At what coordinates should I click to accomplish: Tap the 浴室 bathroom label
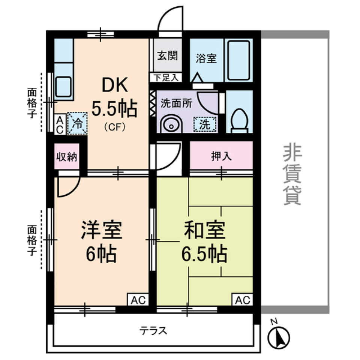pyautogui.click(x=206, y=59)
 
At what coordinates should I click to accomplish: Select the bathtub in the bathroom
pyautogui.click(x=238, y=60)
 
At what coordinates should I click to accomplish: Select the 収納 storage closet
pyautogui.click(x=67, y=156)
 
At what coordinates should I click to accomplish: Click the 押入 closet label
pyautogui.click(x=221, y=156)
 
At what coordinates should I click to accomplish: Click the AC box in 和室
pyautogui.click(x=243, y=300)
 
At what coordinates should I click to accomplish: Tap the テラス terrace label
pyautogui.click(x=153, y=331)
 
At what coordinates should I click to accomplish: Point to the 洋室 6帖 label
pyautogui.click(x=101, y=243)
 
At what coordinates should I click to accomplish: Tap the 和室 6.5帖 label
pyautogui.click(x=204, y=243)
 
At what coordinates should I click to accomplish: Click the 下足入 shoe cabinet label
pyautogui.click(x=166, y=78)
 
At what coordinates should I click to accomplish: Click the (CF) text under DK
pyautogui.click(x=114, y=127)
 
